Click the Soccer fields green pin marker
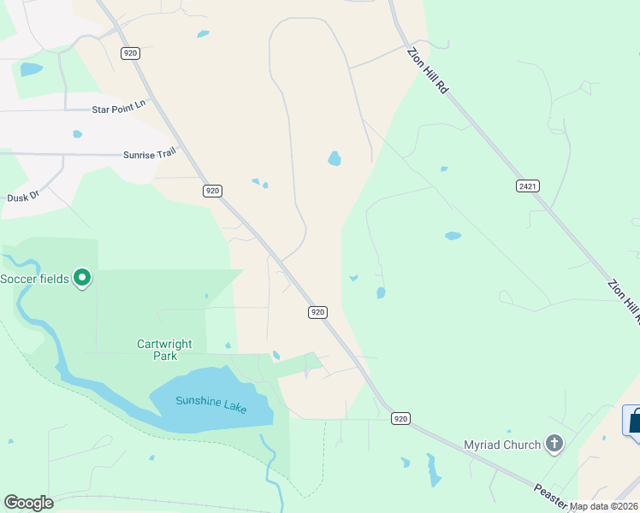(82, 277)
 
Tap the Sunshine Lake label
(211, 404)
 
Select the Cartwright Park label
(164, 350)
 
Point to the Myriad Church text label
(502, 445)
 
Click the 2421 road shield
(528, 186)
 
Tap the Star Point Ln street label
(119, 109)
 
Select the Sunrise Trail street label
(149, 153)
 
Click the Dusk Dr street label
(23, 196)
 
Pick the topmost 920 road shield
(130, 53)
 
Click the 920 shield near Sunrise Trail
(213, 191)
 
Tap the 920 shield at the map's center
(317, 312)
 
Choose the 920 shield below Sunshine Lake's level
(400, 418)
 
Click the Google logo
(28, 503)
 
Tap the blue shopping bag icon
(634, 422)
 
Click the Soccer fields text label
(34, 280)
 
